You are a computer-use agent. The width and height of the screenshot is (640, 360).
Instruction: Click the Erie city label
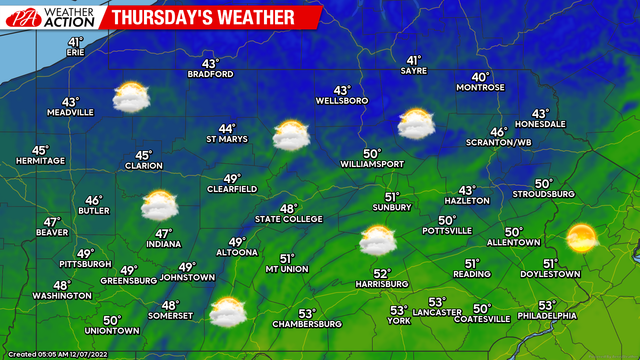[75, 53]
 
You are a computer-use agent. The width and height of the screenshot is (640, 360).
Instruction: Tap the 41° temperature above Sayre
[414, 60]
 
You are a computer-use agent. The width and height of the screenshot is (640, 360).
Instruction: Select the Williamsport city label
[372, 164]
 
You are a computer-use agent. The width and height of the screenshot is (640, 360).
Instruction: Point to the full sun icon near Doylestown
[581, 238]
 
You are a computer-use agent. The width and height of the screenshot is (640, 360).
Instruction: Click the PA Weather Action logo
[50, 17]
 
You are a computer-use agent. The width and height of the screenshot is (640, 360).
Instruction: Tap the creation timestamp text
[58, 354]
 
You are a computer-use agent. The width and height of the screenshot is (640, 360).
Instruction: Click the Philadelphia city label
[547, 316]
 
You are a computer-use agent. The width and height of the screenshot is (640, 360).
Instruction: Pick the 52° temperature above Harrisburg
[382, 274]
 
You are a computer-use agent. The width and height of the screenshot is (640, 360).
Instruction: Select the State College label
[289, 219]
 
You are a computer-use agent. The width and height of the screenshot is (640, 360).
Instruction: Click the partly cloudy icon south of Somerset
[228, 312]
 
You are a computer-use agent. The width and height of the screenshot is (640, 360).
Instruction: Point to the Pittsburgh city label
[85, 264]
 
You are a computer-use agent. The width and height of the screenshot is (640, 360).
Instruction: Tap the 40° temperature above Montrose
[480, 77]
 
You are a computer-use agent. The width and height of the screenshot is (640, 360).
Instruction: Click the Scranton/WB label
[499, 143]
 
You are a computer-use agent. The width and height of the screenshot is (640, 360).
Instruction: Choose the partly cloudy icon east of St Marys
[291, 136]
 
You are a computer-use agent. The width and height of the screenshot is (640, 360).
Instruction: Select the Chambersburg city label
[307, 324]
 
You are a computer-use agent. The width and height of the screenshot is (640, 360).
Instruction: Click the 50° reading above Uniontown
[112, 321]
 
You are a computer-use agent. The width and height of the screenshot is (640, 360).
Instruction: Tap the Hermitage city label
[41, 161]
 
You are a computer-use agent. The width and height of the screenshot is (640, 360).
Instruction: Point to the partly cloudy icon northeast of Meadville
[131, 97]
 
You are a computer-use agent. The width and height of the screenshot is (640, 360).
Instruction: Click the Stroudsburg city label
[544, 194]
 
